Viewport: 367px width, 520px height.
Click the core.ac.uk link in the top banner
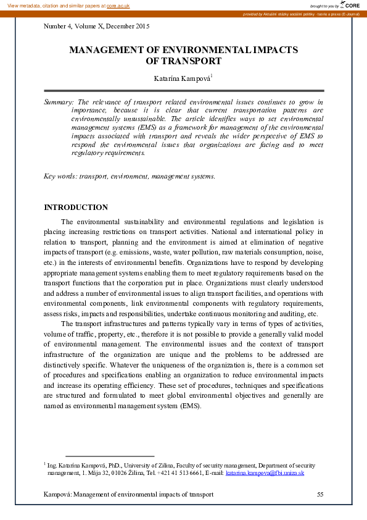pos(118,5)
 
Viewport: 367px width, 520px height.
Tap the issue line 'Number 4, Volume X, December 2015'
pos(96,27)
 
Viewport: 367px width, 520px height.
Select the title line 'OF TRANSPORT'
pos(183,61)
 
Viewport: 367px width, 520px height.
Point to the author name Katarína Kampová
pos(182,78)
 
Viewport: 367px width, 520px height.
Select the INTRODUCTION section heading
pos(76,208)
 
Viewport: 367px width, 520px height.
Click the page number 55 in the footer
pos(320,495)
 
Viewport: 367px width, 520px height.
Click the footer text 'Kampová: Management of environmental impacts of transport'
pos(128,495)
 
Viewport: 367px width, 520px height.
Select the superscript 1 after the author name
pos(212,75)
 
